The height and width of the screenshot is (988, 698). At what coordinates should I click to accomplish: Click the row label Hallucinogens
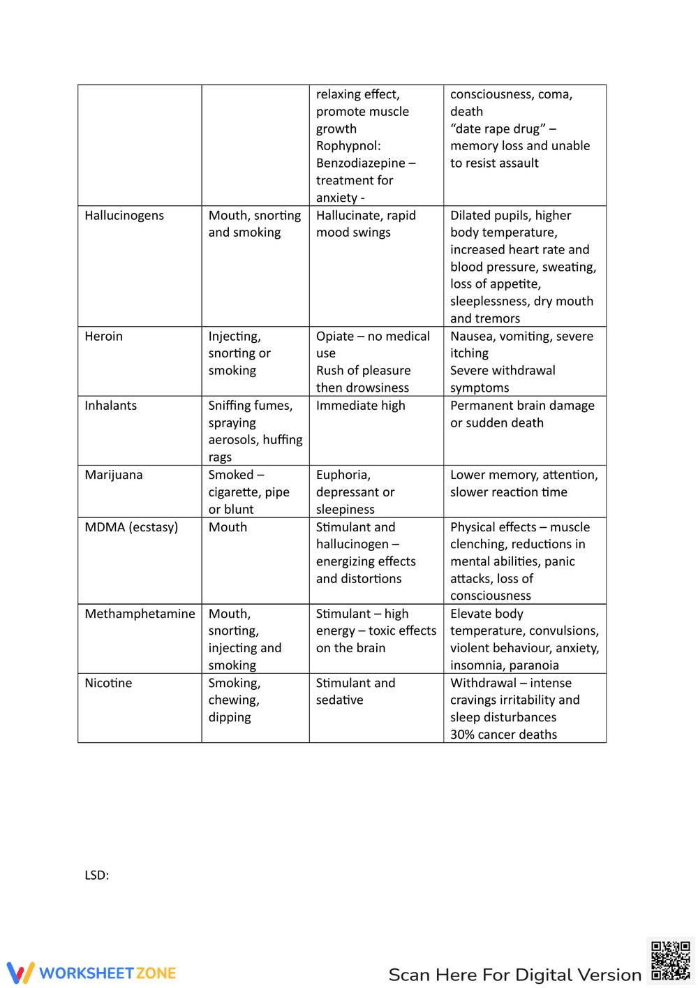(124, 216)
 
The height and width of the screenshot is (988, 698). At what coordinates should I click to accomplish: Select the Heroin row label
(103, 337)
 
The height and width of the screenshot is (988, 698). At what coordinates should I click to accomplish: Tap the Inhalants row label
(110, 406)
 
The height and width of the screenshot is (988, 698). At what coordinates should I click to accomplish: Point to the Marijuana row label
(113, 475)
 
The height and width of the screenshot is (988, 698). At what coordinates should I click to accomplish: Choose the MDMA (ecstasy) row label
(131, 527)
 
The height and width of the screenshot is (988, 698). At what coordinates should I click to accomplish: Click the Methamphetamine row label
(140, 614)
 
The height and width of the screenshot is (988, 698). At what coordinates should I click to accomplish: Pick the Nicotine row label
(108, 683)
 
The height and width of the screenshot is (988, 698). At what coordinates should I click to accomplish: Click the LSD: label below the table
(96, 876)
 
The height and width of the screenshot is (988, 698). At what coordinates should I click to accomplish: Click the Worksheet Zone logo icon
(20, 973)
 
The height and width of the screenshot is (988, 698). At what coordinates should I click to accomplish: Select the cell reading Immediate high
(360, 406)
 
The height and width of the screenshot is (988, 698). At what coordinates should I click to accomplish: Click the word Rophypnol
(348, 146)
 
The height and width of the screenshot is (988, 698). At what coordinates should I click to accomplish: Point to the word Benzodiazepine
(360, 163)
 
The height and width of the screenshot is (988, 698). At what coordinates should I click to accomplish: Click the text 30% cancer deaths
(503, 735)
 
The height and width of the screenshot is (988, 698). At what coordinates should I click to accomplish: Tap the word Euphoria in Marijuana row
(343, 475)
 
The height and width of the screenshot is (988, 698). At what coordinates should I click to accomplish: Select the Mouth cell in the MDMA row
(228, 527)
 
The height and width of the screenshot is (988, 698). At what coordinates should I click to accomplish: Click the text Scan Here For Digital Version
(514, 975)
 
